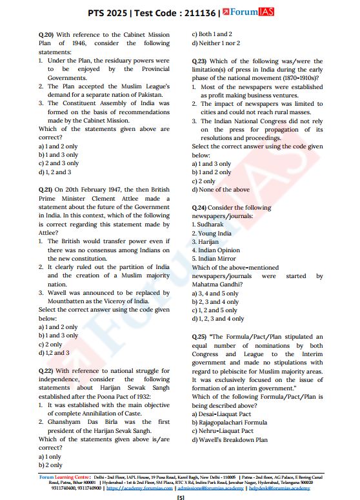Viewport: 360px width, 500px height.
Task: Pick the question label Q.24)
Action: click(x=200, y=208)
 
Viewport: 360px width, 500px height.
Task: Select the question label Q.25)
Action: click(x=200, y=337)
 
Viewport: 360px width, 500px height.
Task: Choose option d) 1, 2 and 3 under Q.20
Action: click(x=55, y=172)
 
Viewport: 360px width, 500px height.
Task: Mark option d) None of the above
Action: click(x=221, y=190)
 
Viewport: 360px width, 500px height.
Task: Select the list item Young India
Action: click(x=211, y=234)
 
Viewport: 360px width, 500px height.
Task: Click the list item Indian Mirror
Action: click(x=213, y=259)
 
